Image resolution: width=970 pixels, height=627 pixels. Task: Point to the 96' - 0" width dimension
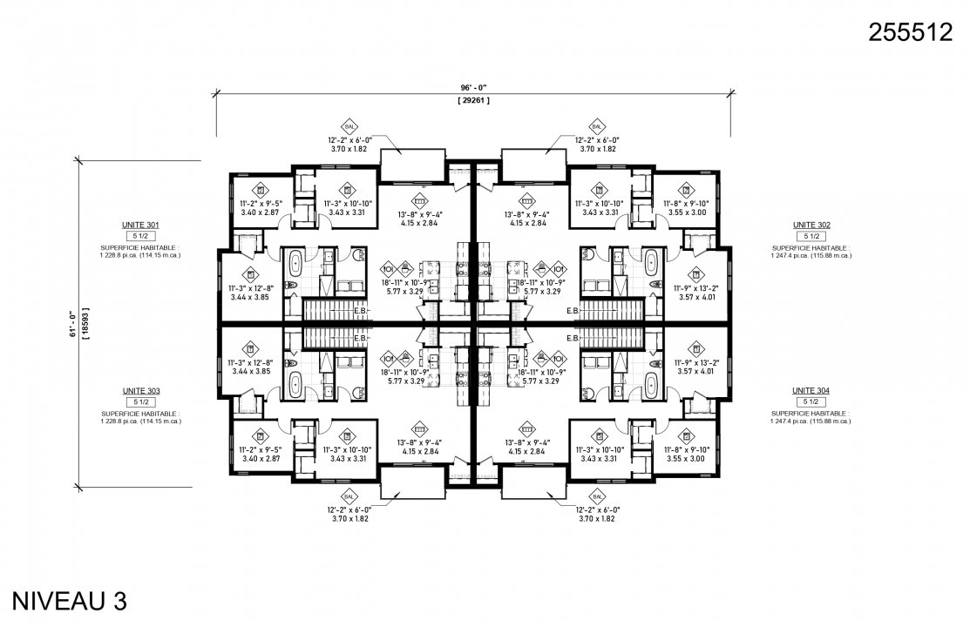(x=473, y=87)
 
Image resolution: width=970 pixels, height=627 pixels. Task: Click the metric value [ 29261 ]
(x=473, y=101)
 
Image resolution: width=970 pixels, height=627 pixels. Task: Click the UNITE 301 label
(x=140, y=225)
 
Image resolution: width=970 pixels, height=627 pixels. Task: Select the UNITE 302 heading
(x=811, y=225)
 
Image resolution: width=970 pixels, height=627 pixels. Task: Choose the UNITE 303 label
(x=140, y=391)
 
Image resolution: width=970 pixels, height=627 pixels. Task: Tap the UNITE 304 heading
(x=811, y=391)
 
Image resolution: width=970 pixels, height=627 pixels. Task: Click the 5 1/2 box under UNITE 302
(x=811, y=236)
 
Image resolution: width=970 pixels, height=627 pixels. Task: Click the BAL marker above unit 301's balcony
(x=349, y=125)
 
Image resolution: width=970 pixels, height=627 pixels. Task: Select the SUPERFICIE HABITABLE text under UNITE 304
(x=811, y=414)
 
